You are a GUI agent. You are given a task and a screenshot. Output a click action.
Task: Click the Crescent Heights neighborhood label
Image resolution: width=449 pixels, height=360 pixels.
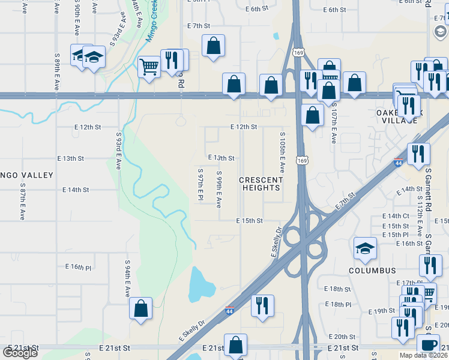[261, 184]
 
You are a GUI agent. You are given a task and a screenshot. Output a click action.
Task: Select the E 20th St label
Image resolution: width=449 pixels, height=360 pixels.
[342, 337]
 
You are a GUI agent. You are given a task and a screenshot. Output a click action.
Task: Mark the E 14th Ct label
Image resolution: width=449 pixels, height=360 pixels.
[398, 216]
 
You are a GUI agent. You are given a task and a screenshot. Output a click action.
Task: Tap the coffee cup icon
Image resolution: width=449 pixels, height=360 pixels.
[429, 344]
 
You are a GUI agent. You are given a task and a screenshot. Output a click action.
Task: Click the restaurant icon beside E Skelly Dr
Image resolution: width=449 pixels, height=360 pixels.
[262, 305]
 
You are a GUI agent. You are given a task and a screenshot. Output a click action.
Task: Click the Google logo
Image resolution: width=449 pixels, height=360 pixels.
[20, 353]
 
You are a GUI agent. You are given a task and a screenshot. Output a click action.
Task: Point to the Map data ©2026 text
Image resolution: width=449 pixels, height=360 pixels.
[423, 355]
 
